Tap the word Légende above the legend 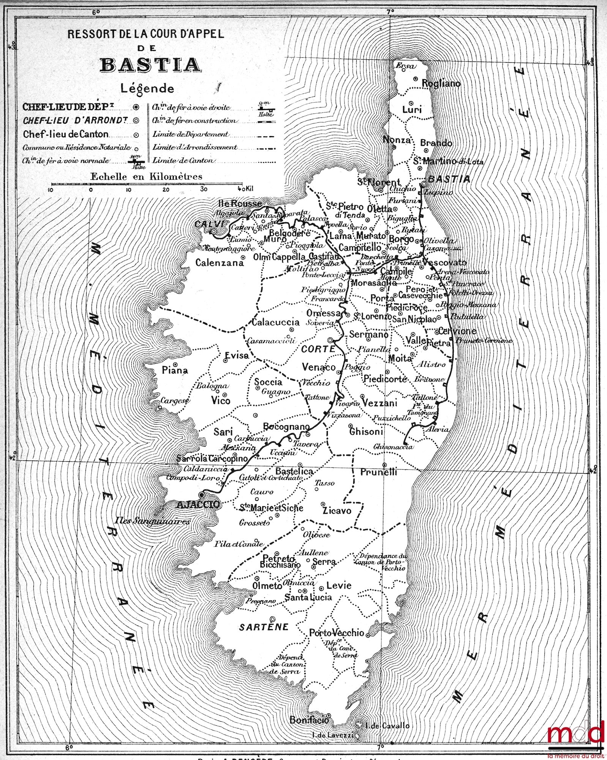pyautogui.click(x=147, y=88)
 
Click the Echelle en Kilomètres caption pyautogui.click(x=146, y=176)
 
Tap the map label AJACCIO pyautogui.click(x=198, y=504)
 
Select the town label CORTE pyautogui.click(x=318, y=348)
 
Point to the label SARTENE pyautogui.click(x=264, y=627)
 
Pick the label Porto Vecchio pyautogui.click(x=337, y=633)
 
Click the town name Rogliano pyautogui.click(x=441, y=83)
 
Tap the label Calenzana pyautogui.click(x=220, y=262)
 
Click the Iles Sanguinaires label pyautogui.click(x=153, y=521)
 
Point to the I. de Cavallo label pyautogui.click(x=387, y=725)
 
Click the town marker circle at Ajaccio pyautogui.click(x=201, y=495)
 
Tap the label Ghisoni pyautogui.click(x=366, y=431)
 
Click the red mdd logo pyautogui.click(x=575, y=733)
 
